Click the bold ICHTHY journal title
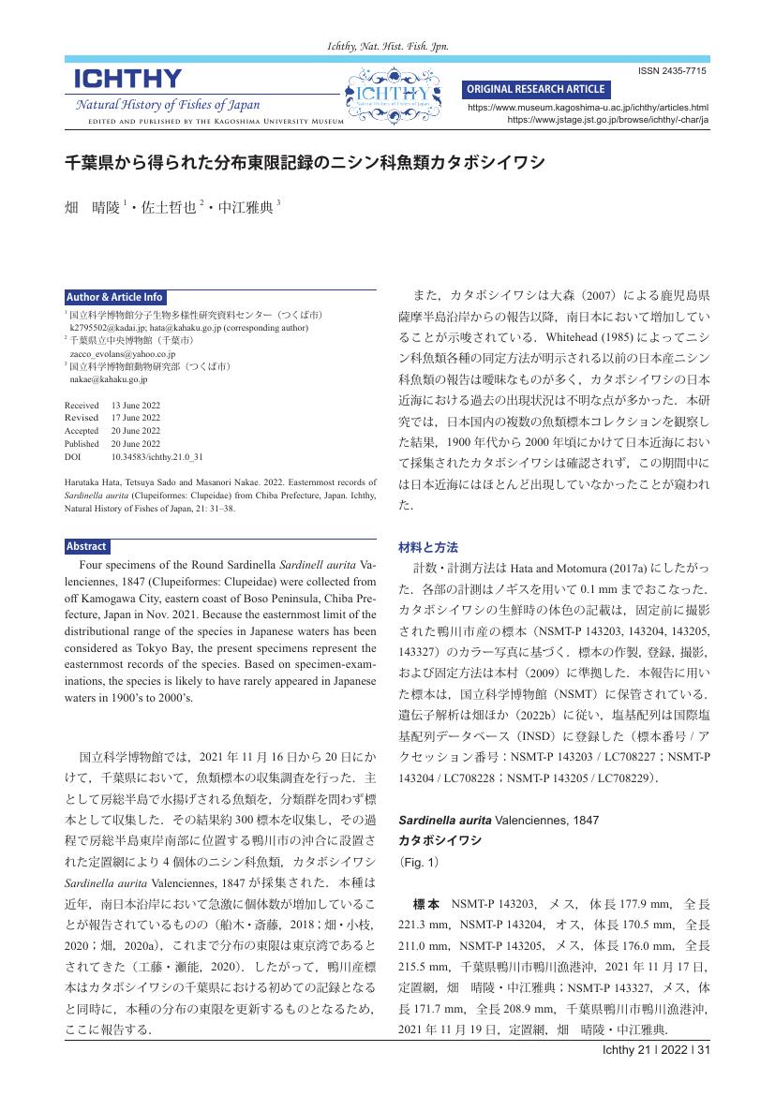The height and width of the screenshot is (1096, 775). click(x=128, y=79)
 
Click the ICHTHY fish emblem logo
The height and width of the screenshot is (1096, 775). click(x=394, y=96)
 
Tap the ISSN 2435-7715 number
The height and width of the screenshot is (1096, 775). click(x=673, y=72)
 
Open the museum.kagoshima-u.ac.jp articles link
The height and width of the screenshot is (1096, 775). click(x=588, y=108)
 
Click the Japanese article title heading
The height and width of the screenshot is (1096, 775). click(x=305, y=163)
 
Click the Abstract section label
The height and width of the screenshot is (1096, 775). click(x=87, y=546)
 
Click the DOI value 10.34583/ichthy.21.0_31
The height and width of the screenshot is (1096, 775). click(x=157, y=456)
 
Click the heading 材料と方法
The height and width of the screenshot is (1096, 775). click(x=428, y=546)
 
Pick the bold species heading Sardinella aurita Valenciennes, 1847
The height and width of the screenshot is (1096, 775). click(x=499, y=821)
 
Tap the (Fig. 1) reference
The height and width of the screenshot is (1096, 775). click(x=418, y=859)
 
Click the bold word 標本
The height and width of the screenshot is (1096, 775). click(x=426, y=904)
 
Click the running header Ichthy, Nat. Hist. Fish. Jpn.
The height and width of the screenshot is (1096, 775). click(x=387, y=46)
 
